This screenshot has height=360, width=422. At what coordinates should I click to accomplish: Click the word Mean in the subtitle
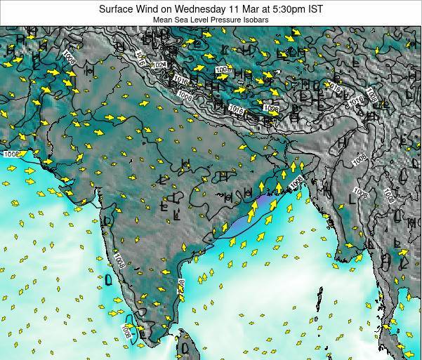click(x=162, y=20)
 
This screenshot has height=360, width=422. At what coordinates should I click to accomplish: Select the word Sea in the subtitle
click(x=182, y=20)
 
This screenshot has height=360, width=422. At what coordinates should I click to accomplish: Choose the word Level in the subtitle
click(x=200, y=20)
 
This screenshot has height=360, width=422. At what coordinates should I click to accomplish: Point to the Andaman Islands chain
click(x=320, y=298)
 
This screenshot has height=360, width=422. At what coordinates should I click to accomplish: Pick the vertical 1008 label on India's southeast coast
click(x=181, y=287)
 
